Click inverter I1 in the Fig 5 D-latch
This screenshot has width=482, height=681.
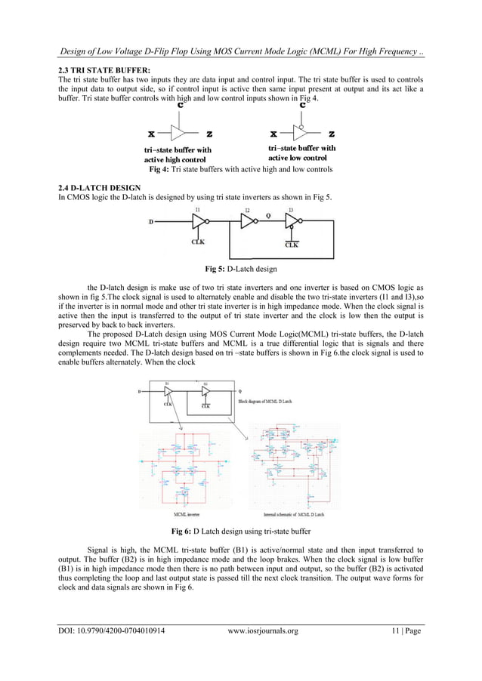point(199,221)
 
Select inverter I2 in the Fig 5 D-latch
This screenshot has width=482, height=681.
point(248,221)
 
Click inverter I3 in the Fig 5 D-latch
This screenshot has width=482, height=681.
point(292,221)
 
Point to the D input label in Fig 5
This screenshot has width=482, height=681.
point(153,222)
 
